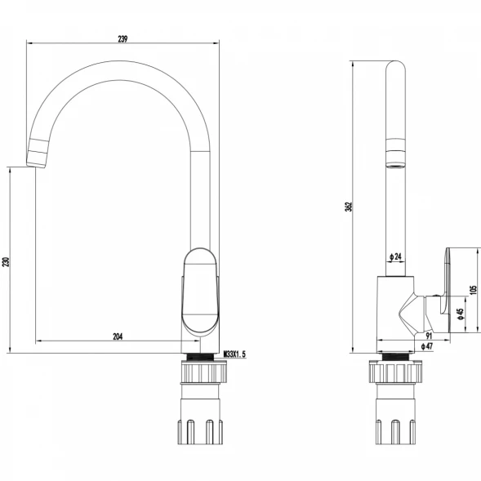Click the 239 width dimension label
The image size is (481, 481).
pos(122,39)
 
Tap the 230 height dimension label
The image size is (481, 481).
pos(7,261)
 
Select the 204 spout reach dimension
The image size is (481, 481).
pos(118,336)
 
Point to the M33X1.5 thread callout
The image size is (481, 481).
pos(234,354)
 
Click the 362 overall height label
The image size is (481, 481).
pos(349,207)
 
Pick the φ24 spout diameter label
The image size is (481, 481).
pos(395,256)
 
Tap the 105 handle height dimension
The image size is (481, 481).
pos(474,290)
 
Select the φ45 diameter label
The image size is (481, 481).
pos(460,314)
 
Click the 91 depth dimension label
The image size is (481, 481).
pos(429,336)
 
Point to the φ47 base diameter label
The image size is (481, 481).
pos(427,346)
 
